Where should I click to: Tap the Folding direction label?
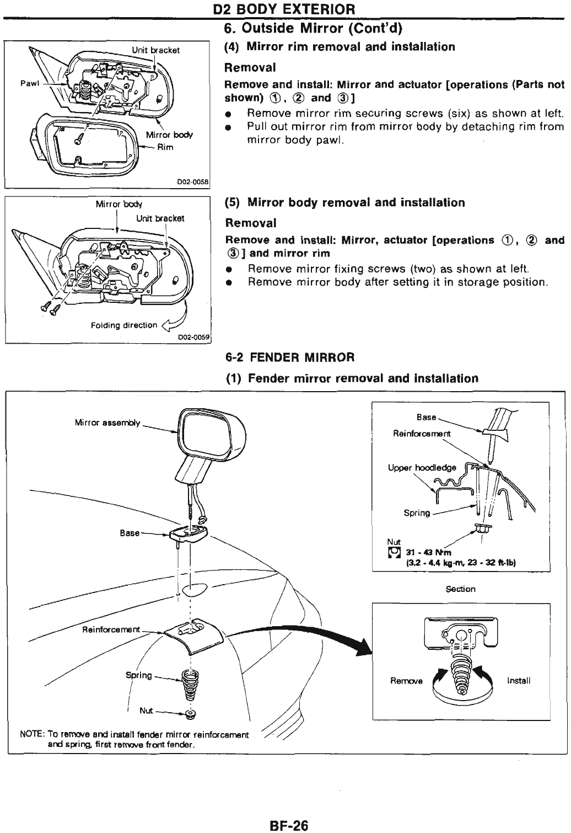pyautogui.click(x=124, y=325)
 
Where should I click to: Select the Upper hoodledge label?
pyautogui.click(x=422, y=468)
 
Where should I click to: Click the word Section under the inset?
pyautogui.click(x=460, y=589)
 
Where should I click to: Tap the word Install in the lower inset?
pyautogui.click(x=519, y=680)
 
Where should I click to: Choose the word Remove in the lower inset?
pyautogui.click(x=406, y=680)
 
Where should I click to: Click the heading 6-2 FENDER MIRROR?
pyautogui.click(x=290, y=357)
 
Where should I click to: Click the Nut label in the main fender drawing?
pyautogui.click(x=146, y=711)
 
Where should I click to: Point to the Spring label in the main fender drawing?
pyautogui.click(x=138, y=675)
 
